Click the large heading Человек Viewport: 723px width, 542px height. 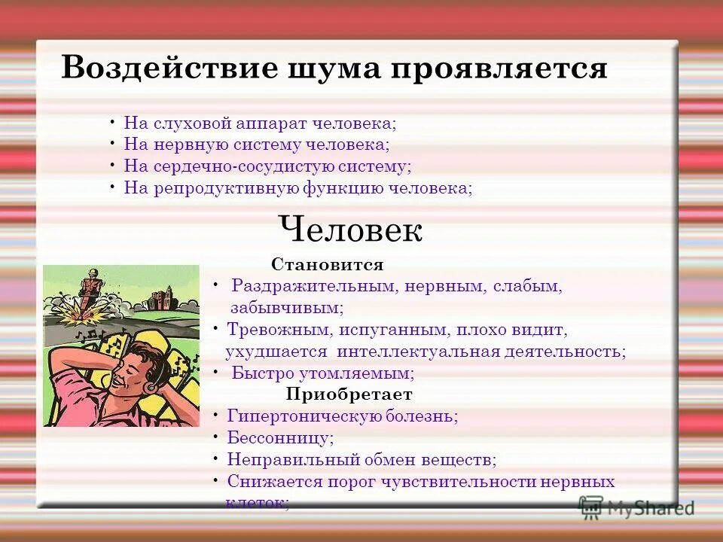(x=350, y=229)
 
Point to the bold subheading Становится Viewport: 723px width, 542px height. (x=328, y=265)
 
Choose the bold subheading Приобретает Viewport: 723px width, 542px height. (x=349, y=394)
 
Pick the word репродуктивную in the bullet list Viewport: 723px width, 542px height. (x=226, y=188)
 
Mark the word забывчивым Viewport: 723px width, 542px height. (x=287, y=308)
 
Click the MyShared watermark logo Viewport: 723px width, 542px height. (x=636, y=507)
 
